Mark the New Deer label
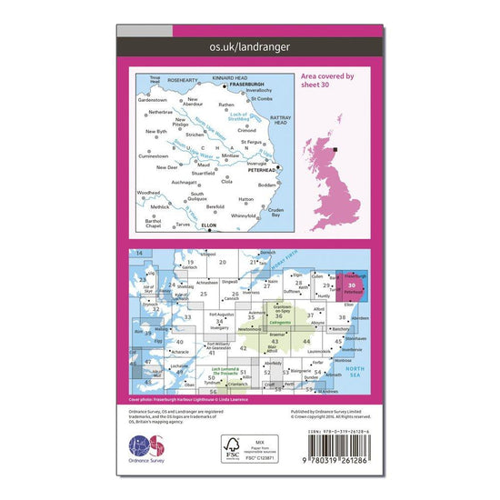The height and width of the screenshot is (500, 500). (167, 167)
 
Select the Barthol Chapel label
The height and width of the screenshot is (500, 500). (154, 223)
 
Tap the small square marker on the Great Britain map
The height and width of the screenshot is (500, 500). (336, 151)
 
